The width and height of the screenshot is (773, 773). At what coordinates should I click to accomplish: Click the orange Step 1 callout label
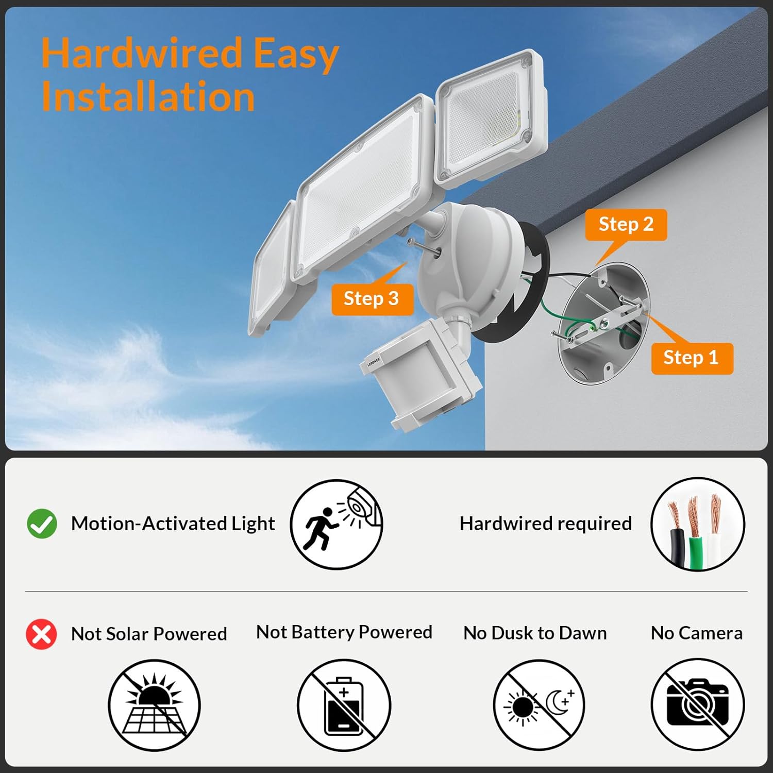(692, 358)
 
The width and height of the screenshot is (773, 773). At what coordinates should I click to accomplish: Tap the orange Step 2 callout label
(626, 225)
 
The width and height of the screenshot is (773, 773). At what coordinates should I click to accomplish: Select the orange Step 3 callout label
(372, 299)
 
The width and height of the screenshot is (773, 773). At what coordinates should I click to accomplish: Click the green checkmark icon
(42, 524)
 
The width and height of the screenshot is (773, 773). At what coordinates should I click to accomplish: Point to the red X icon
(42, 634)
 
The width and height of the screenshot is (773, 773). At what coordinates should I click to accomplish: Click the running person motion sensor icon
(337, 524)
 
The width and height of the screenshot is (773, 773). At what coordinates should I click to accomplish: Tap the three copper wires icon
(698, 524)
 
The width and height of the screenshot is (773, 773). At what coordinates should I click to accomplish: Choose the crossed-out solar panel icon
(154, 705)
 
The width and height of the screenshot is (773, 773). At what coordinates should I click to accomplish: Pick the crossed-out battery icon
(344, 705)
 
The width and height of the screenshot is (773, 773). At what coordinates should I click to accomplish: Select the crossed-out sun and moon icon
(539, 705)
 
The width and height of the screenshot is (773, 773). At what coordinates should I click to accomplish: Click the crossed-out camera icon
(698, 705)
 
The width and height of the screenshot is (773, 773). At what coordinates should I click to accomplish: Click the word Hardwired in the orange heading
(142, 53)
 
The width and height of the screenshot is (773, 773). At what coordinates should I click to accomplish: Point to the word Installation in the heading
(148, 96)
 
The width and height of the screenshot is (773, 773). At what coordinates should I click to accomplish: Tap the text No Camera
(697, 633)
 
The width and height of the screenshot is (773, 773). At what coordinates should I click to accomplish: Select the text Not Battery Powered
(344, 632)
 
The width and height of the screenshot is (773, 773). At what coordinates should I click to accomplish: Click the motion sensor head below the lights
(420, 374)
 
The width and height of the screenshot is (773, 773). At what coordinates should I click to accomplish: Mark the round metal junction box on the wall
(603, 322)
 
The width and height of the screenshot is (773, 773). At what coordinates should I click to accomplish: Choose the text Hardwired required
(546, 524)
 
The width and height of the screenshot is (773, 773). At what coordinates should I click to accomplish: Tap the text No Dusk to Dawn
(535, 633)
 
